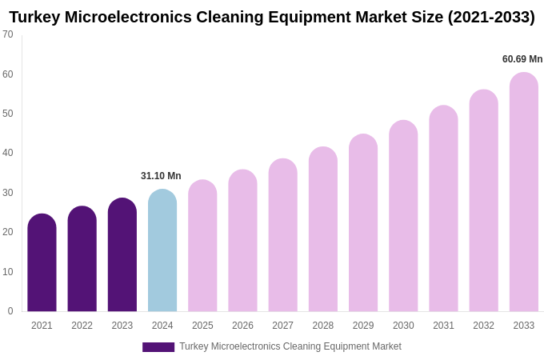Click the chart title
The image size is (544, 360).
272,17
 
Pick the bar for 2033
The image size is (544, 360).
524,192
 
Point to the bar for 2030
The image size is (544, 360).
403,216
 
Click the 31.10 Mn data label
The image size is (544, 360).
161,176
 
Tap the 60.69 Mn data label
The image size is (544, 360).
522,59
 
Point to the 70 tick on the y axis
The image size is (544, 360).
8,34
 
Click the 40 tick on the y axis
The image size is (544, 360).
8,153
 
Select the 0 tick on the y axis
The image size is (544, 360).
10,311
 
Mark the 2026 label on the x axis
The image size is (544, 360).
242,326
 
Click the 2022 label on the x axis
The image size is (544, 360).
82,326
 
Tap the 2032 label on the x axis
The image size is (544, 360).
483,326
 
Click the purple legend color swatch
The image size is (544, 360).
158,347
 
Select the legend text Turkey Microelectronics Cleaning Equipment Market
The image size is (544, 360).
290,346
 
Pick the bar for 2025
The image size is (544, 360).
202,246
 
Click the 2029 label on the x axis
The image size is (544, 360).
363,326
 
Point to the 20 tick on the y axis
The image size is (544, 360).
8,232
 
